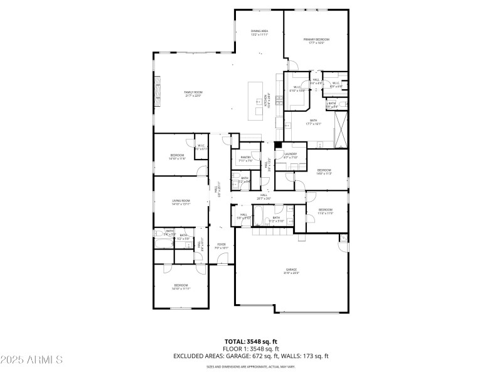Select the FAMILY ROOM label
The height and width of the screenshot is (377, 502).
[193, 94]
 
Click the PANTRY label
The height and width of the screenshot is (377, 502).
[246, 159]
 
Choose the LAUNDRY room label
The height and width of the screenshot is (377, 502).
[290, 155]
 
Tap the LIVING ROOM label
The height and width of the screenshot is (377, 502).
[181, 202]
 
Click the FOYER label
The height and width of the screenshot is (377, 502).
[222, 246]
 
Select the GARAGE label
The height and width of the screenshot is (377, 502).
[292, 271]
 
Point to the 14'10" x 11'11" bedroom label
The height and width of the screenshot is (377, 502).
[181, 287]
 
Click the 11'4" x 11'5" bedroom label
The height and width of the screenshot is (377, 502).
[325, 211]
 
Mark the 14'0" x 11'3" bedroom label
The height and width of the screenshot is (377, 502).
[324, 172]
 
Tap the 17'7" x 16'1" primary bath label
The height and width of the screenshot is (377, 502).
[313, 122]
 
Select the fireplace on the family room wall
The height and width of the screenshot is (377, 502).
[156, 89]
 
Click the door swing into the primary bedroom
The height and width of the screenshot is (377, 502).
[292, 65]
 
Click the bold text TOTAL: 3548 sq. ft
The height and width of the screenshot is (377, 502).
[251, 341]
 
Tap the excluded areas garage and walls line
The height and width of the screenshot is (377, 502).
[251, 356]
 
